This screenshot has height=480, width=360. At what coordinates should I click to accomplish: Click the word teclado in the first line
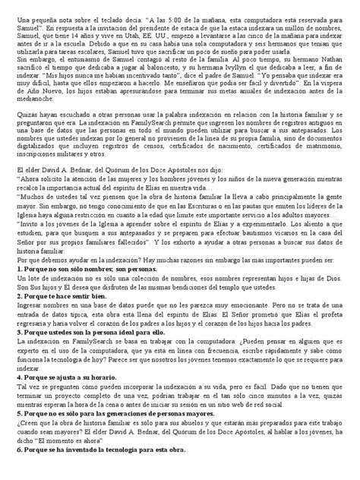(x=103, y=15)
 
